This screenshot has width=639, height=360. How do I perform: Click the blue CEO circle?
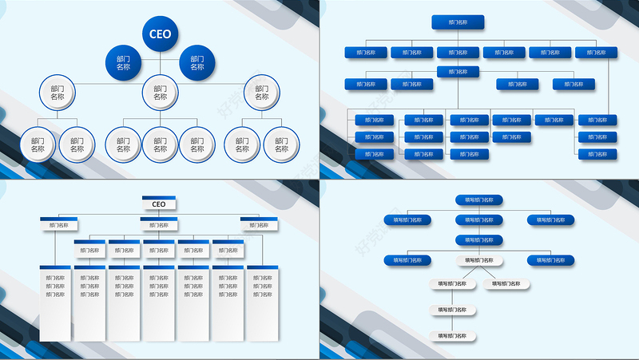[x=161, y=34]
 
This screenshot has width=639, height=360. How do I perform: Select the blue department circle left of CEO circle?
[x=124, y=63]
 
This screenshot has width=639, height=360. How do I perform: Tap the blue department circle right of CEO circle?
[x=197, y=63]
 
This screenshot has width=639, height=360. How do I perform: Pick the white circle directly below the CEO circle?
[x=161, y=93]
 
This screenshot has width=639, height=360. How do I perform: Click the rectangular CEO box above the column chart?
[x=159, y=204]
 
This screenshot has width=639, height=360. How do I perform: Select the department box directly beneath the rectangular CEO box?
[x=159, y=224]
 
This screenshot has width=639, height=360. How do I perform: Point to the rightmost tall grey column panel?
[x=260, y=301]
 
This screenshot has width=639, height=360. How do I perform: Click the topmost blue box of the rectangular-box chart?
[x=457, y=23]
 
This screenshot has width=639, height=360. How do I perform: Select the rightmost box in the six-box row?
[x=596, y=53]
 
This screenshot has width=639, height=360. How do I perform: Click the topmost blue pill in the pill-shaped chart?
[x=478, y=200]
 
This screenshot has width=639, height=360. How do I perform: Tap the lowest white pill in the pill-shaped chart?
[x=453, y=336]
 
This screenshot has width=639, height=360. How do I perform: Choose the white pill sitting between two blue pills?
[x=478, y=260]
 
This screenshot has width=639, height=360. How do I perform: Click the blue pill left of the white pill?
[x=408, y=260]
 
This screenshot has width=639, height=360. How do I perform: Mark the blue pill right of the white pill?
[x=550, y=260]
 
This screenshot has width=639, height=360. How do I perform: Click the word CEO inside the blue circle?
[x=161, y=34]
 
